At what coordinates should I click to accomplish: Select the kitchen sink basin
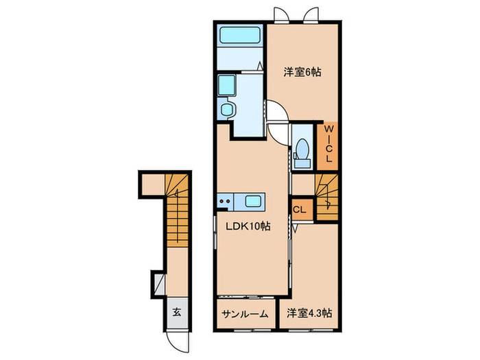[252, 201]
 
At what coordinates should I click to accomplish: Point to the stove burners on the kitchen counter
[225, 201]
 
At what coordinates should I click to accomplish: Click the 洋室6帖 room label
[301, 71]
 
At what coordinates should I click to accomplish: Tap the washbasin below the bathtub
[227, 86]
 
